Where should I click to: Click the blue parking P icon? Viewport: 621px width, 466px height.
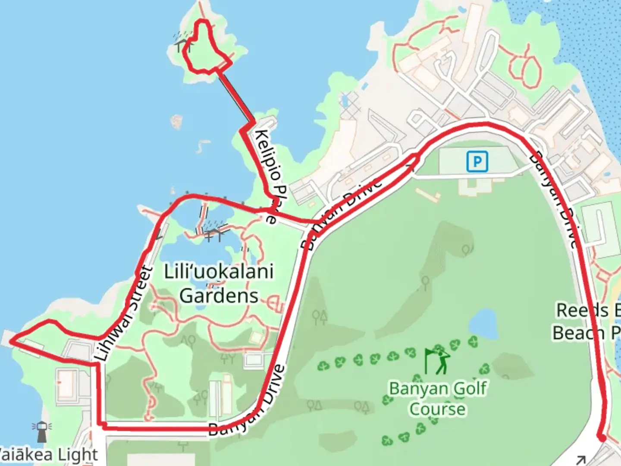(x=477, y=161)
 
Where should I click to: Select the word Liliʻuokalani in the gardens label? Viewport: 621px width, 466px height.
(x=219, y=272)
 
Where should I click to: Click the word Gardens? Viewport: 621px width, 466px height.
(x=219, y=296)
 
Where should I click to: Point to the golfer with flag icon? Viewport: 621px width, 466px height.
(x=438, y=361)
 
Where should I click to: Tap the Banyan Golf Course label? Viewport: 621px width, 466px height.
(x=437, y=398)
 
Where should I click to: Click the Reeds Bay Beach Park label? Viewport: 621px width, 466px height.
(x=586, y=321)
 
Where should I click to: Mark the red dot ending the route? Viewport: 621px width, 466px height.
(x=602, y=438)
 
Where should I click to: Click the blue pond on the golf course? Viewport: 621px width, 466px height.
(x=482, y=324)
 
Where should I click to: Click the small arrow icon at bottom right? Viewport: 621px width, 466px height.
(x=581, y=460)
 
